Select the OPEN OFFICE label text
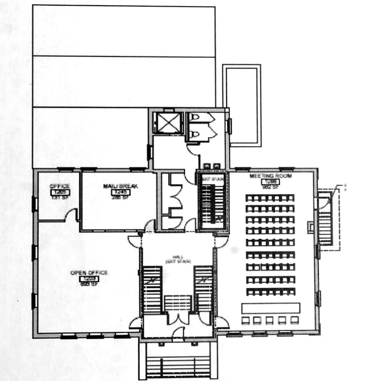click(89, 272)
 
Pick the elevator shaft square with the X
click(170, 123)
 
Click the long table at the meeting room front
click(270, 308)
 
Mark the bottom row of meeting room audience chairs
click(270, 291)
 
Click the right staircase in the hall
click(202, 290)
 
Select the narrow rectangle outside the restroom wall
click(242, 105)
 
